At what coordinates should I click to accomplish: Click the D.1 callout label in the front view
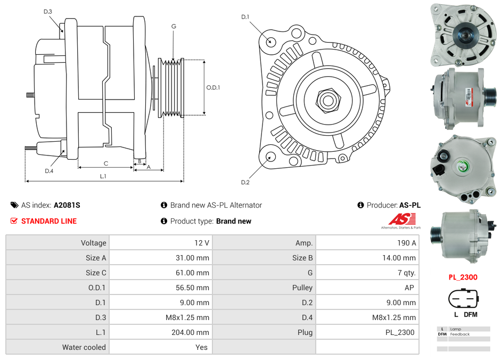click(x=245, y=17)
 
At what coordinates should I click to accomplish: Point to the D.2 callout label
click(x=245, y=183)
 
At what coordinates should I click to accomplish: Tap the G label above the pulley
click(x=174, y=26)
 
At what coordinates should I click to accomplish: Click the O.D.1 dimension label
click(x=213, y=87)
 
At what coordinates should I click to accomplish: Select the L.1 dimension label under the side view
click(x=103, y=176)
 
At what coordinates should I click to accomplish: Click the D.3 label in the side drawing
click(x=48, y=11)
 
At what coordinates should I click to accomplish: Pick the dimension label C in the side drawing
click(x=106, y=163)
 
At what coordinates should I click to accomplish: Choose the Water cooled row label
click(x=84, y=347)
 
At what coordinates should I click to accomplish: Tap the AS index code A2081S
click(x=67, y=205)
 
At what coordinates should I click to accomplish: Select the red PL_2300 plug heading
click(x=463, y=277)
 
